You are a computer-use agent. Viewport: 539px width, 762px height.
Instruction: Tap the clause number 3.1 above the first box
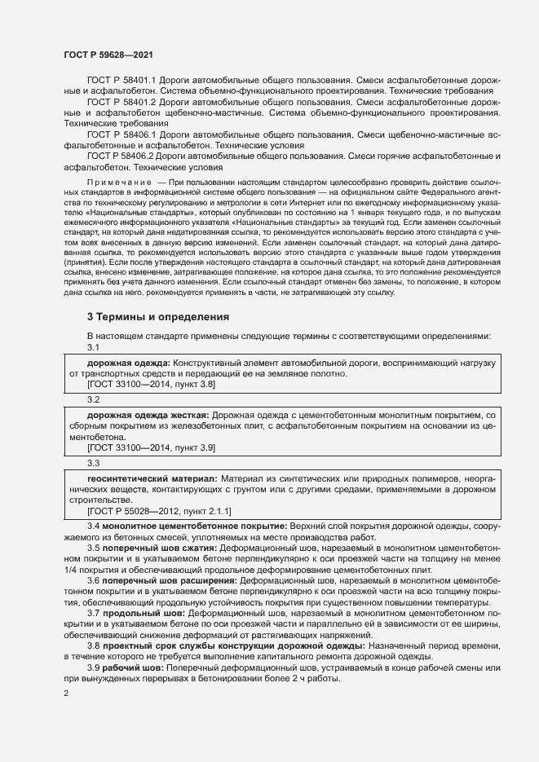pos(93,346)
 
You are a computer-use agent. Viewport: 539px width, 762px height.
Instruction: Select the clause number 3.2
pos(93,400)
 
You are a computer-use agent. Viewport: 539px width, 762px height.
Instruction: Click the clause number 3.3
pos(93,463)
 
